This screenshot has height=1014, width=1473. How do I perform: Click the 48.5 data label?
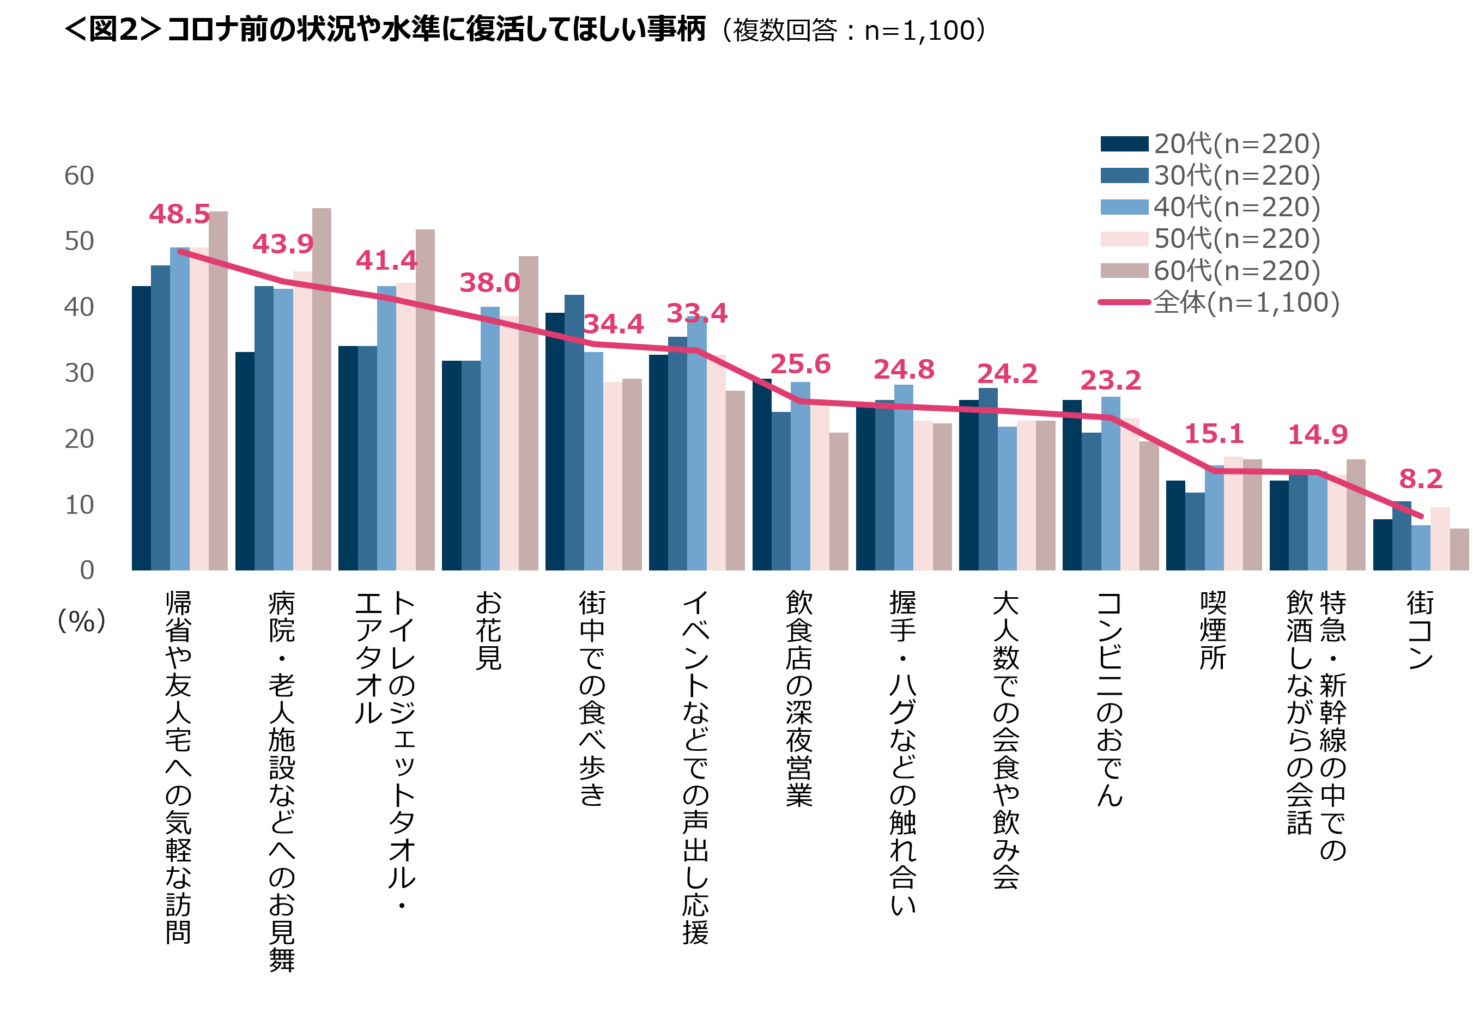(179, 214)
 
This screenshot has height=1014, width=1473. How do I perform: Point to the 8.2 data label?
(1420, 479)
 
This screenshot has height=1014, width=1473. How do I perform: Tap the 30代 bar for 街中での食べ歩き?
(574, 432)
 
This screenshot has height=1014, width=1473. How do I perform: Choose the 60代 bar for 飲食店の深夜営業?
(838, 501)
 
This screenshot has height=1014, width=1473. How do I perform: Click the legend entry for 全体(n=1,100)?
(1246, 302)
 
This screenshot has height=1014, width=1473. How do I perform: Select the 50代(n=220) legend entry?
(1236, 239)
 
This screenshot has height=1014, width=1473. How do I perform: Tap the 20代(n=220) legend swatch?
(1124, 144)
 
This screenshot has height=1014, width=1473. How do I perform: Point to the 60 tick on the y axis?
(80, 176)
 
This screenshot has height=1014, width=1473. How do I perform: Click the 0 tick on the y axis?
(87, 570)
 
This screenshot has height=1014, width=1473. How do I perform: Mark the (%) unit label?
(81, 621)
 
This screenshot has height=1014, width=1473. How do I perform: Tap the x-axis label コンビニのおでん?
(1110, 699)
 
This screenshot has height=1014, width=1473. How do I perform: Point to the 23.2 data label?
(1110, 380)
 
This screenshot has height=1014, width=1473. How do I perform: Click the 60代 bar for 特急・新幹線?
(1355, 514)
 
